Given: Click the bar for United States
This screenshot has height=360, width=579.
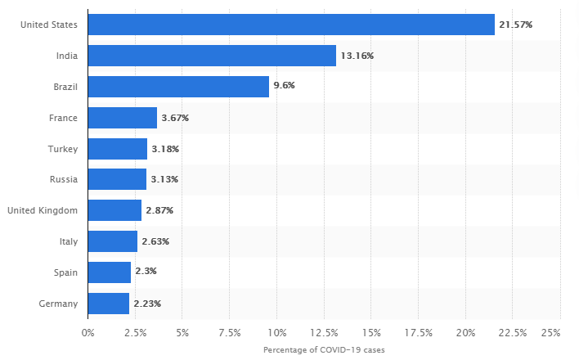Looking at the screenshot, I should tap(290, 25).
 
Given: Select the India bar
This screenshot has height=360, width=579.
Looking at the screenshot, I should tap(212, 56).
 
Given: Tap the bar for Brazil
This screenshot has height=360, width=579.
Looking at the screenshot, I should tap(178, 87).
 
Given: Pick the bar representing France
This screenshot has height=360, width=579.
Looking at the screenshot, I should tap(122, 118).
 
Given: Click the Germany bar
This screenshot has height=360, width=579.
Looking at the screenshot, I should tap(108, 304).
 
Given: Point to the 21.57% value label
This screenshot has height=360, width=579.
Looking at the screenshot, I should tap(516, 25).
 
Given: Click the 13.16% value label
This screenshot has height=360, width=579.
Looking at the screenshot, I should tap(357, 56).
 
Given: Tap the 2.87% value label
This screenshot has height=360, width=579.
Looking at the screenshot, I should tap(159, 210).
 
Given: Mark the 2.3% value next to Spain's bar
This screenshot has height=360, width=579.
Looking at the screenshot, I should tap(146, 272).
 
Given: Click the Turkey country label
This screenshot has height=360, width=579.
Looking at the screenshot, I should tap(63, 149).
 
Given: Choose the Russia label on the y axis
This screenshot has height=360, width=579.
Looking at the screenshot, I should tap(63, 179).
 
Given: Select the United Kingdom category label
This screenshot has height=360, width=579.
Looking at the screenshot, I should tap(43, 210).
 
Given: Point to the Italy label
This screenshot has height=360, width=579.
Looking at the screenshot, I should tap(68, 241).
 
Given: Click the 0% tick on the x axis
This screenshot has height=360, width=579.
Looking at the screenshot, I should tap(88, 332).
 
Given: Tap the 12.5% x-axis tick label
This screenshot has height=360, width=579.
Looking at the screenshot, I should tap(324, 332).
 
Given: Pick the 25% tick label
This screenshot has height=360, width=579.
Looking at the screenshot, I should tap(551, 332).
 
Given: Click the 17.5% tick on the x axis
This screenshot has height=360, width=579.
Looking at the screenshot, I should tap(418, 332).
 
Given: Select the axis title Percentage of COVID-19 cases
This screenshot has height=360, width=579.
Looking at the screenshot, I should tap(324, 349).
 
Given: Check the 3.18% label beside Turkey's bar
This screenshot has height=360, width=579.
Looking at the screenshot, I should tap(165, 149).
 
